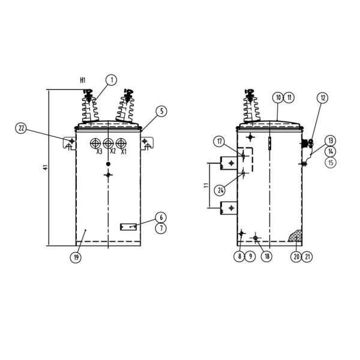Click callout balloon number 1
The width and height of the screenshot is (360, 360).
(112, 80)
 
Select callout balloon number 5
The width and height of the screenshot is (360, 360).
(161, 112)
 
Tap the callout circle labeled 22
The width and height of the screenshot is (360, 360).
(21, 128)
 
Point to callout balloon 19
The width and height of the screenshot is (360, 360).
(76, 257)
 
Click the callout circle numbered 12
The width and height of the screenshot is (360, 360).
(323, 98)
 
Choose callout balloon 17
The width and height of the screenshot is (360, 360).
(220, 142)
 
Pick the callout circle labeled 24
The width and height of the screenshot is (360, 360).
(220, 190)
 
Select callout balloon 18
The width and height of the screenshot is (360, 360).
(267, 256)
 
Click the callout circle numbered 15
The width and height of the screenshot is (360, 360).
(331, 163)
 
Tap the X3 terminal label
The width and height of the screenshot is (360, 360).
(99, 152)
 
